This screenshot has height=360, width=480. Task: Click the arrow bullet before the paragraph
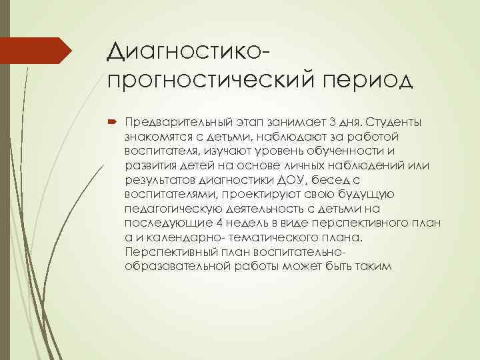[x=111, y=122]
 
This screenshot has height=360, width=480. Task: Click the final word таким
[x=377, y=267]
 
